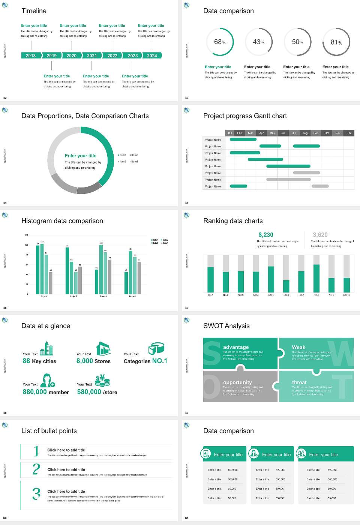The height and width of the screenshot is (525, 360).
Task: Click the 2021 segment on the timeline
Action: click(x=92, y=55)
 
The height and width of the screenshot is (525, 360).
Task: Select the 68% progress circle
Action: click(x=220, y=42)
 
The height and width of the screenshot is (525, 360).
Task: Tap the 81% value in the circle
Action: click(x=336, y=42)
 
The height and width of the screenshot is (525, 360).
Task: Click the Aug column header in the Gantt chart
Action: click(x=305, y=133)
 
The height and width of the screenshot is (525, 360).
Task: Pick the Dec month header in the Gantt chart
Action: click(x=349, y=133)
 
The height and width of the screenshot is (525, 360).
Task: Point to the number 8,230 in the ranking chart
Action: click(x=266, y=235)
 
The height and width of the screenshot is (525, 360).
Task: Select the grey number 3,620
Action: click(x=320, y=235)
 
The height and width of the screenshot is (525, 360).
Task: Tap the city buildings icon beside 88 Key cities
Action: click(x=46, y=348)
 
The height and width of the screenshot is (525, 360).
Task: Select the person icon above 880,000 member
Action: click(x=48, y=380)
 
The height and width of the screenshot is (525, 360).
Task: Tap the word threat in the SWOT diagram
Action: click(x=299, y=382)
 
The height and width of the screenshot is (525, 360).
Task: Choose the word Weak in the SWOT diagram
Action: click(x=298, y=347)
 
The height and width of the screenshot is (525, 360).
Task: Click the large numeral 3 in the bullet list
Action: click(x=36, y=493)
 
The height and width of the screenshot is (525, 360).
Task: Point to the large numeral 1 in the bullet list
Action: click(x=36, y=451)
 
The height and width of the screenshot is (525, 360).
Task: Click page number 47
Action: click(x=187, y=308)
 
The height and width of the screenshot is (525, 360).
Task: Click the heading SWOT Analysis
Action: click(x=226, y=326)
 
